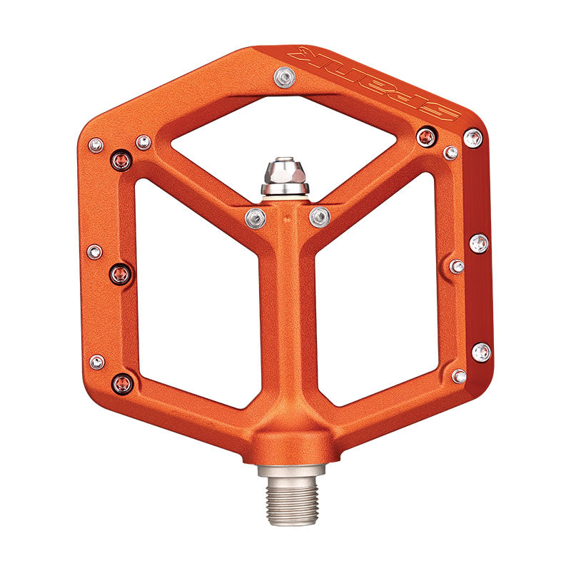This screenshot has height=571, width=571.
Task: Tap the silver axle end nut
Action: (x=285, y=174)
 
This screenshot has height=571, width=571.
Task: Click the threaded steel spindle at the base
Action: (x=291, y=492)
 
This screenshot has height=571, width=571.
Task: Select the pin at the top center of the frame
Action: (x=285, y=76)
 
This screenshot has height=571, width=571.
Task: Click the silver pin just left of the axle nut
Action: (x=256, y=218)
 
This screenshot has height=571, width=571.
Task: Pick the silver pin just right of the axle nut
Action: (x=320, y=216)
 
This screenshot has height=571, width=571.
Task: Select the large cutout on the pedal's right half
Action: (x=378, y=300)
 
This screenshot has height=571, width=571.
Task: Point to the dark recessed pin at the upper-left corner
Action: (x=121, y=161)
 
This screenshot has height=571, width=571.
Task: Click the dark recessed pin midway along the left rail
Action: (x=120, y=273)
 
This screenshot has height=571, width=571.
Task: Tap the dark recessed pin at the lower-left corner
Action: (x=122, y=384)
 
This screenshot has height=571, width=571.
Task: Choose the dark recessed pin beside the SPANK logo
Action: (x=426, y=136)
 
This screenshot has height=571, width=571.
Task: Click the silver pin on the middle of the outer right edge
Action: (x=480, y=243)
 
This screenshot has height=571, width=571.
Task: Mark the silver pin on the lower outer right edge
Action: (x=481, y=351)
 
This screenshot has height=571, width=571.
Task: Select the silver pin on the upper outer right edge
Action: (x=473, y=138)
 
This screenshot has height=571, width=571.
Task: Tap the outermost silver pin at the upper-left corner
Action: (x=96, y=146)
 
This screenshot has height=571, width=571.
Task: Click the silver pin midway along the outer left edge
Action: (x=94, y=251)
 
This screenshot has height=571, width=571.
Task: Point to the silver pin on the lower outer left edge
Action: (x=96, y=362)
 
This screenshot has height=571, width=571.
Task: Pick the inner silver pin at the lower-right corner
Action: (x=459, y=375)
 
